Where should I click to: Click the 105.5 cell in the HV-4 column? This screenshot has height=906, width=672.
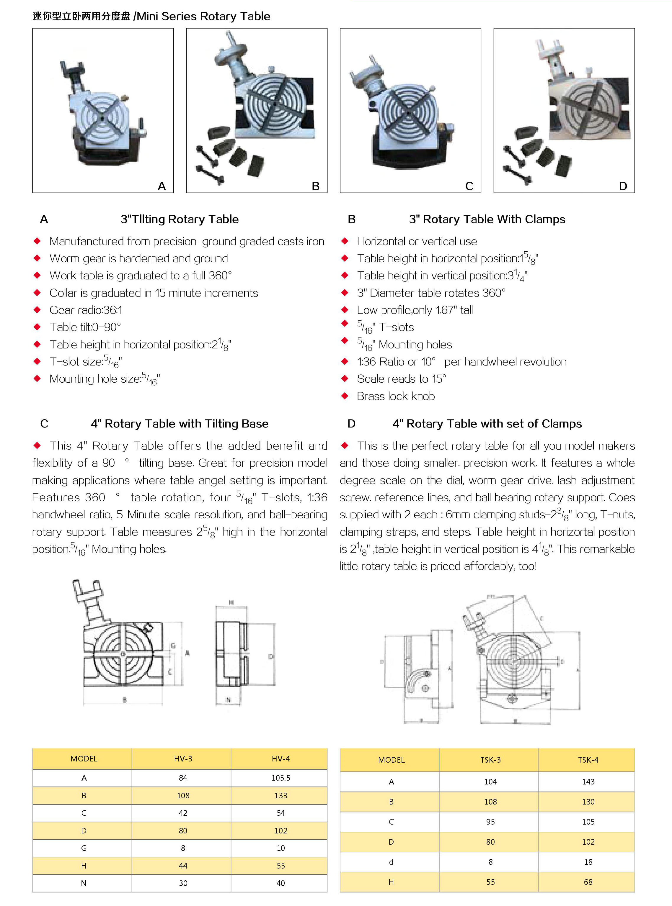pos(281,778)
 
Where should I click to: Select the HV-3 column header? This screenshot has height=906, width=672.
pos(183,758)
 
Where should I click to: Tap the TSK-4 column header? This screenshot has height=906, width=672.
pos(588,760)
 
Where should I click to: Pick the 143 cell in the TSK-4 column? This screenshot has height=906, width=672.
pos(588,782)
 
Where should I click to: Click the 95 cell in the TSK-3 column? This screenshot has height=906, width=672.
pos(490,821)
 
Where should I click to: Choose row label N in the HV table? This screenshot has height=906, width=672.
pos(84,883)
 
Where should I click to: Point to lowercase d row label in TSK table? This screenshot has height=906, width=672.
pos(391,862)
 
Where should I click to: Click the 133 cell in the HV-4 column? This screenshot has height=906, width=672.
pos(281,795)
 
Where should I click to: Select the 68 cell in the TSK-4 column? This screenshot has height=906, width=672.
pos(588,882)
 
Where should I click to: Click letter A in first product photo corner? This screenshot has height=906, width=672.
pos(162,186)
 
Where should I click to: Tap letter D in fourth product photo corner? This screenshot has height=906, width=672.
pos(623,186)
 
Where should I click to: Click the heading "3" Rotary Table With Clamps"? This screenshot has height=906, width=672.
pos(487,219)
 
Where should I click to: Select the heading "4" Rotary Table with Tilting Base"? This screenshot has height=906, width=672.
pos(180,424)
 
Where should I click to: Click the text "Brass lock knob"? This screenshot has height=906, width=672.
pos(395,396)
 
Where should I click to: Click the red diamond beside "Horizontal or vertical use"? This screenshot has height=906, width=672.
pos(345,241)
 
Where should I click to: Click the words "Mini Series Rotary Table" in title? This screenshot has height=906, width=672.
pos(203,16)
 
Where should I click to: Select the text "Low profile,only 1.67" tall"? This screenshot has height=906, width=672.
pos(415,310)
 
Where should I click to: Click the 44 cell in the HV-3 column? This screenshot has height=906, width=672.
pos(183,865)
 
